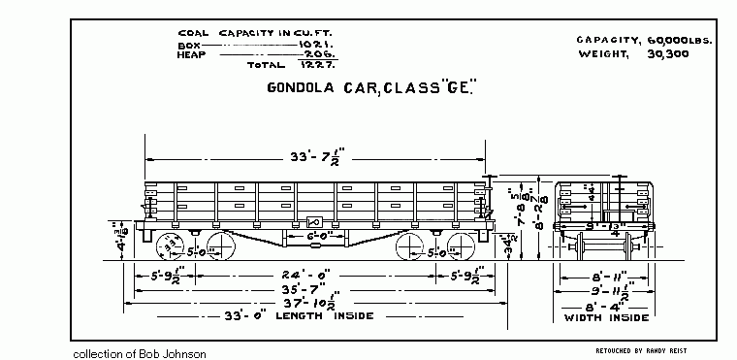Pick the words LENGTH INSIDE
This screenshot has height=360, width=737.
point(330,315)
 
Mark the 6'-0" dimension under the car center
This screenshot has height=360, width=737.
point(308,235)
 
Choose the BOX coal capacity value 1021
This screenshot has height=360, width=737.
point(291,46)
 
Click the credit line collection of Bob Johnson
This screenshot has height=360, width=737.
point(140,353)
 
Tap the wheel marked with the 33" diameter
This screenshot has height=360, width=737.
point(171,245)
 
